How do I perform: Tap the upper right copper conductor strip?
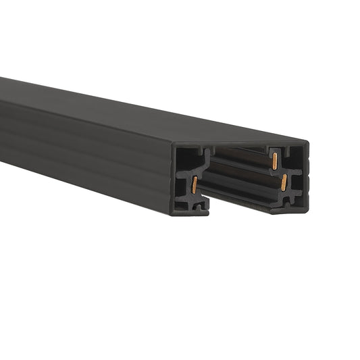275,161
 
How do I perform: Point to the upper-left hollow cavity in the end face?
186,157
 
